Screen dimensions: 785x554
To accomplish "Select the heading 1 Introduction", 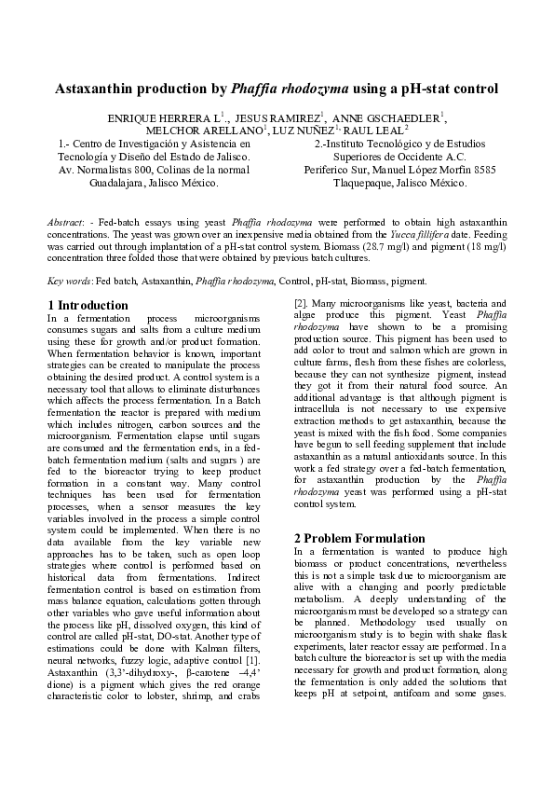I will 88,306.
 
